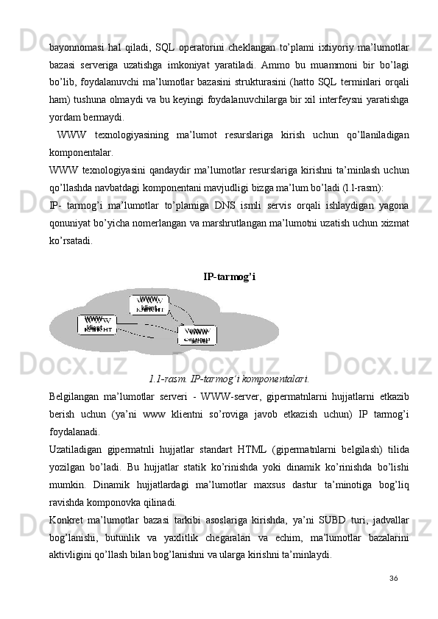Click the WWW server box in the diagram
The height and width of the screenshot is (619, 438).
click(x=197, y=335)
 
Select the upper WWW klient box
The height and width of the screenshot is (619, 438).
click(x=149, y=304)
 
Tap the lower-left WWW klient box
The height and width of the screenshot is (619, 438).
click(x=96, y=324)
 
